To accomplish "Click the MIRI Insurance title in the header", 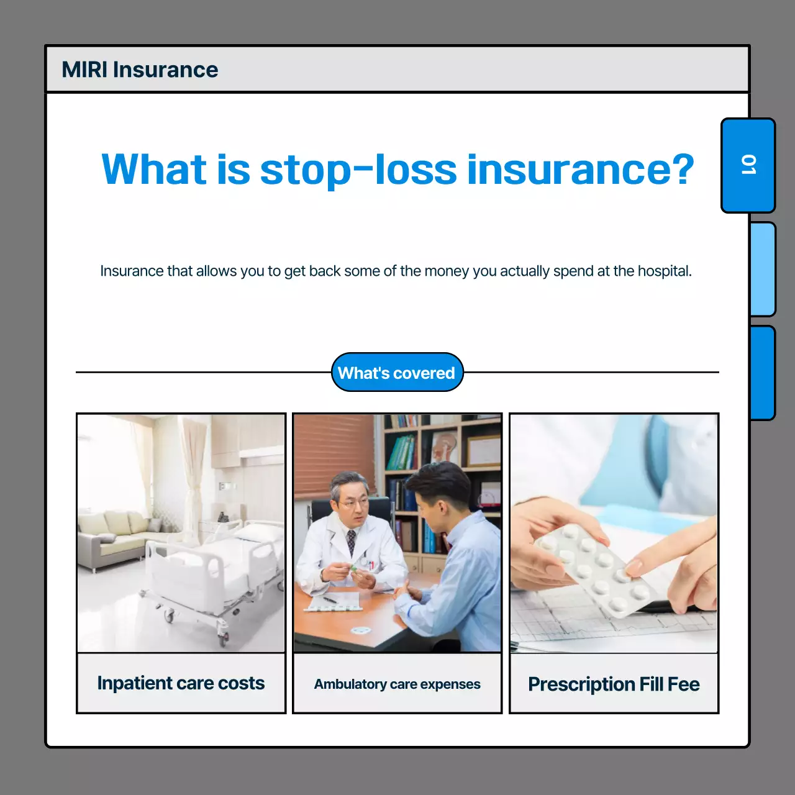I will click(x=140, y=70).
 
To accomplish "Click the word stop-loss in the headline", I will click(x=358, y=170).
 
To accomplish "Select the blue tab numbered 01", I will click(x=748, y=165).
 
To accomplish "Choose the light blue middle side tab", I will click(x=762, y=269).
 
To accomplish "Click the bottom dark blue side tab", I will click(x=762, y=373).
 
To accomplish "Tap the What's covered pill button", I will click(x=397, y=373).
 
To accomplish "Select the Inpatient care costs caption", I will click(x=181, y=683).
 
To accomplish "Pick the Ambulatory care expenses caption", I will click(x=397, y=684).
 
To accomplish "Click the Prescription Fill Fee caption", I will click(x=614, y=684).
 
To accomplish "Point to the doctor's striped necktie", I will click(x=352, y=541).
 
